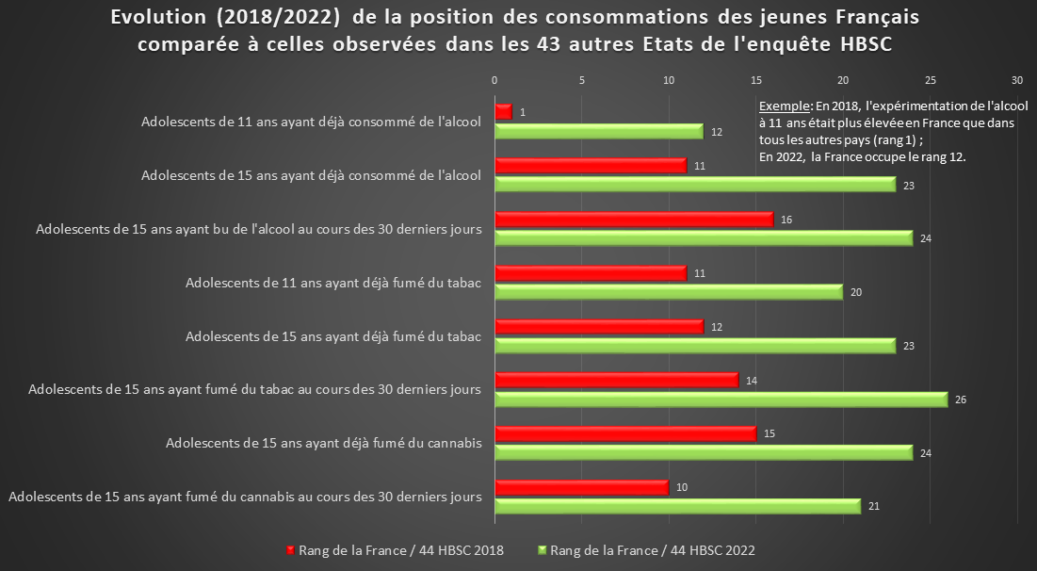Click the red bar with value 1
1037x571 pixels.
(x=503, y=112)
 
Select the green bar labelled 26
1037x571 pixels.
(x=721, y=400)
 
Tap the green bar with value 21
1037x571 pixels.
(x=677, y=507)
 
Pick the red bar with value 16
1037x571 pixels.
(x=633, y=220)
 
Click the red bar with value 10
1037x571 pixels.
(x=581, y=488)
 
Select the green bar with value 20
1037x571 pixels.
(x=668, y=292)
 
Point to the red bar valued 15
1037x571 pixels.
(x=624, y=434)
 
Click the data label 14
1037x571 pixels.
(x=751, y=381)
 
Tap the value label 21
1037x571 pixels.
(x=873, y=507)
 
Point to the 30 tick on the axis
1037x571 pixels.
(x=1017, y=80)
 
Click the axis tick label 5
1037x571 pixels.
(x=582, y=80)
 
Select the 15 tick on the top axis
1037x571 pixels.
(x=755, y=80)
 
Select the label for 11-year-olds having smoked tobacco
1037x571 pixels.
(x=333, y=283)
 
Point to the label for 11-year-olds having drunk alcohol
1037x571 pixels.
(x=311, y=122)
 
